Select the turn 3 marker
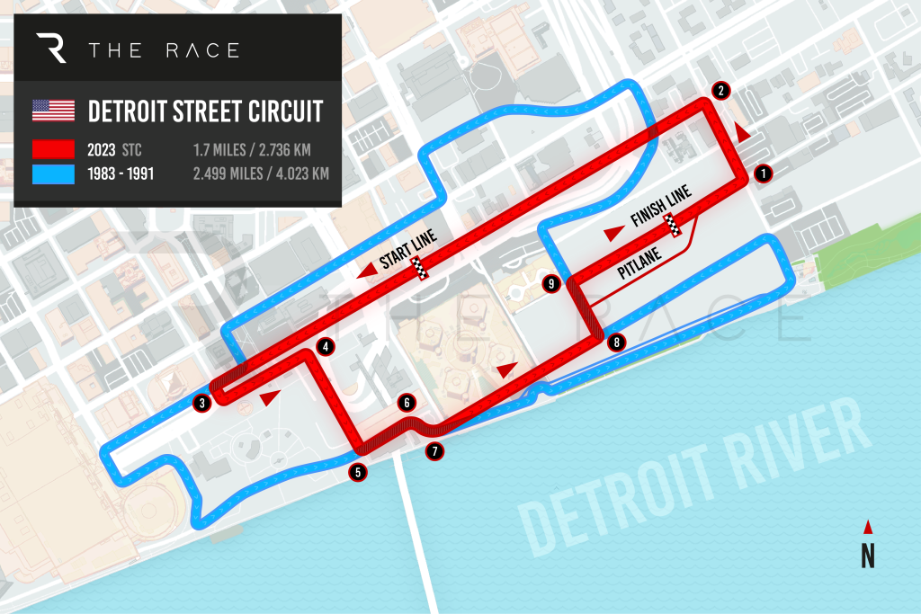coord(203,403)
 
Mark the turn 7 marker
coord(435,451)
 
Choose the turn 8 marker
coord(615,342)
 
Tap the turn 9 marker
coord(552,284)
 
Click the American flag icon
coord(53,111)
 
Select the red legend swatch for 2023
coord(53,149)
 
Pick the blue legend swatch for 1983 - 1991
coord(53,174)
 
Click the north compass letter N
coord(867,557)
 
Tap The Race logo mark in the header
coord(54,49)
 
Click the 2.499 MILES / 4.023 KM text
coord(261,174)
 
